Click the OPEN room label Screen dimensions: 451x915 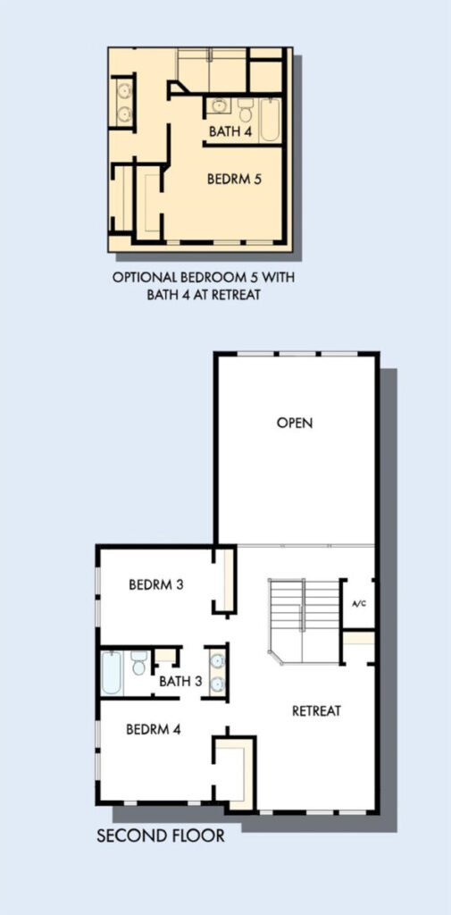[x=295, y=423]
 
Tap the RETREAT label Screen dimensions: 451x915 [x=316, y=710]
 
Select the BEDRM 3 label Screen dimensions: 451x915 [x=156, y=584]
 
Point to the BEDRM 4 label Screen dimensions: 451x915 [x=154, y=729]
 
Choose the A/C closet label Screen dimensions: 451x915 [x=359, y=603]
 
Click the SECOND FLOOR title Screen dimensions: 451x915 [x=161, y=835]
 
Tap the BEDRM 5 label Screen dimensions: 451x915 [x=234, y=180]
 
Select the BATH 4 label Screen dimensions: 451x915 [x=230, y=131]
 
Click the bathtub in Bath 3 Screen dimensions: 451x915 [x=112, y=673]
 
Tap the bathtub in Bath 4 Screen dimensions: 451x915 [x=270, y=120]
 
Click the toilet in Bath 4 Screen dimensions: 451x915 [x=246, y=109]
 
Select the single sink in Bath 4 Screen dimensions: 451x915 [x=220, y=105]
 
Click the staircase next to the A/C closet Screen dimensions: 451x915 [x=304, y=621]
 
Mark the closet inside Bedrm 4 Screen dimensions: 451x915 [x=232, y=771]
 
